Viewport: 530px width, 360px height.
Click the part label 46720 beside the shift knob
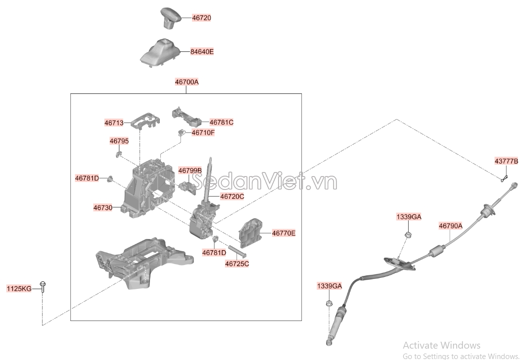pos(201,18)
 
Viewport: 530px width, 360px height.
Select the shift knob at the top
pos(171,18)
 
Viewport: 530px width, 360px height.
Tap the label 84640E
pos(202,51)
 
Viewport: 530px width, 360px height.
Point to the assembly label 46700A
pos(187,82)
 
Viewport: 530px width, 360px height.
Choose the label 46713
pos(114,123)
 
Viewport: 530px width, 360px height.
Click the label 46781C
pos(221,122)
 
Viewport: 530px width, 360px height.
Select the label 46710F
pos(203,133)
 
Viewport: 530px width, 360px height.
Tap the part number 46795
pos(119,141)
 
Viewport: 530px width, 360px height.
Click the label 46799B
pos(190,171)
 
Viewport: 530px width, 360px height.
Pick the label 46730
pos(103,208)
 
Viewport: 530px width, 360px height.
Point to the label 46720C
pos(232,196)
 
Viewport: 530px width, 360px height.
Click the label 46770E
pos(284,233)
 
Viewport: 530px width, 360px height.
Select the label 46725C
pos(237,264)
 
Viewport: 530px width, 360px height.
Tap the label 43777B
pos(506,161)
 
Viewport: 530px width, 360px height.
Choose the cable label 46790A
pos(450,226)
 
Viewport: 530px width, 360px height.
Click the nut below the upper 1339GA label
pos(408,235)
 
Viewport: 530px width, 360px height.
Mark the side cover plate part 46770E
pos(250,232)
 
